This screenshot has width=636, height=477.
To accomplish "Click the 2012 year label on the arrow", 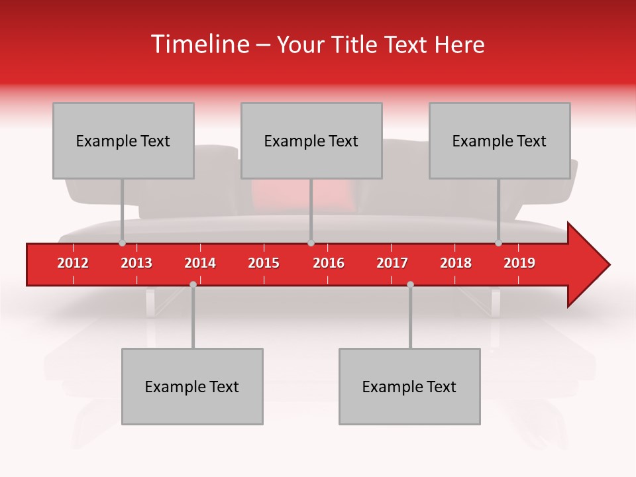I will [x=73, y=263].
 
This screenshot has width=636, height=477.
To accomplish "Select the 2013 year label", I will [x=136, y=263].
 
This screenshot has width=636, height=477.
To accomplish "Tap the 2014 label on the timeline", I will [x=200, y=263].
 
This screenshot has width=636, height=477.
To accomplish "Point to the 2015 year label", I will [x=264, y=263].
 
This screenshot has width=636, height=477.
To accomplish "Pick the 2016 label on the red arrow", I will [x=329, y=263].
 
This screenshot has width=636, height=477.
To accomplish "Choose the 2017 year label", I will [x=392, y=263].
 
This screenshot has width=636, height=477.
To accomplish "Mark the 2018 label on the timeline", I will [x=456, y=263].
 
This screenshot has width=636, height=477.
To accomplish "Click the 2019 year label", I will [x=519, y=263].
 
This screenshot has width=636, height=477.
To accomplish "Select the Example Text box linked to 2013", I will [x=123, y=140].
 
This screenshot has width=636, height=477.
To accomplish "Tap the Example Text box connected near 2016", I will [x=311, y=140].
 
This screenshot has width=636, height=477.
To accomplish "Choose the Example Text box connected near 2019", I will [x=500, y=140].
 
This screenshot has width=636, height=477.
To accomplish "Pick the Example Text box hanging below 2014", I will [x=192, y=386].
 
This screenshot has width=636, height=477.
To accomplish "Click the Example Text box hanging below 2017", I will [x=409, y=386].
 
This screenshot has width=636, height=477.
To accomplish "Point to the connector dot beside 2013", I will [x=122, y=243].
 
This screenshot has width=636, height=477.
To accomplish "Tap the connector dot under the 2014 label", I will [x=193, y=284].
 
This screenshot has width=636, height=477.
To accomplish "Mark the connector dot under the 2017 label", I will [x=410, y=284].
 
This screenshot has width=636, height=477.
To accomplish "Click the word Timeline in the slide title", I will [x=199, y=44].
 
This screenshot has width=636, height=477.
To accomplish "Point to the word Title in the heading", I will [x=352, y=44].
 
